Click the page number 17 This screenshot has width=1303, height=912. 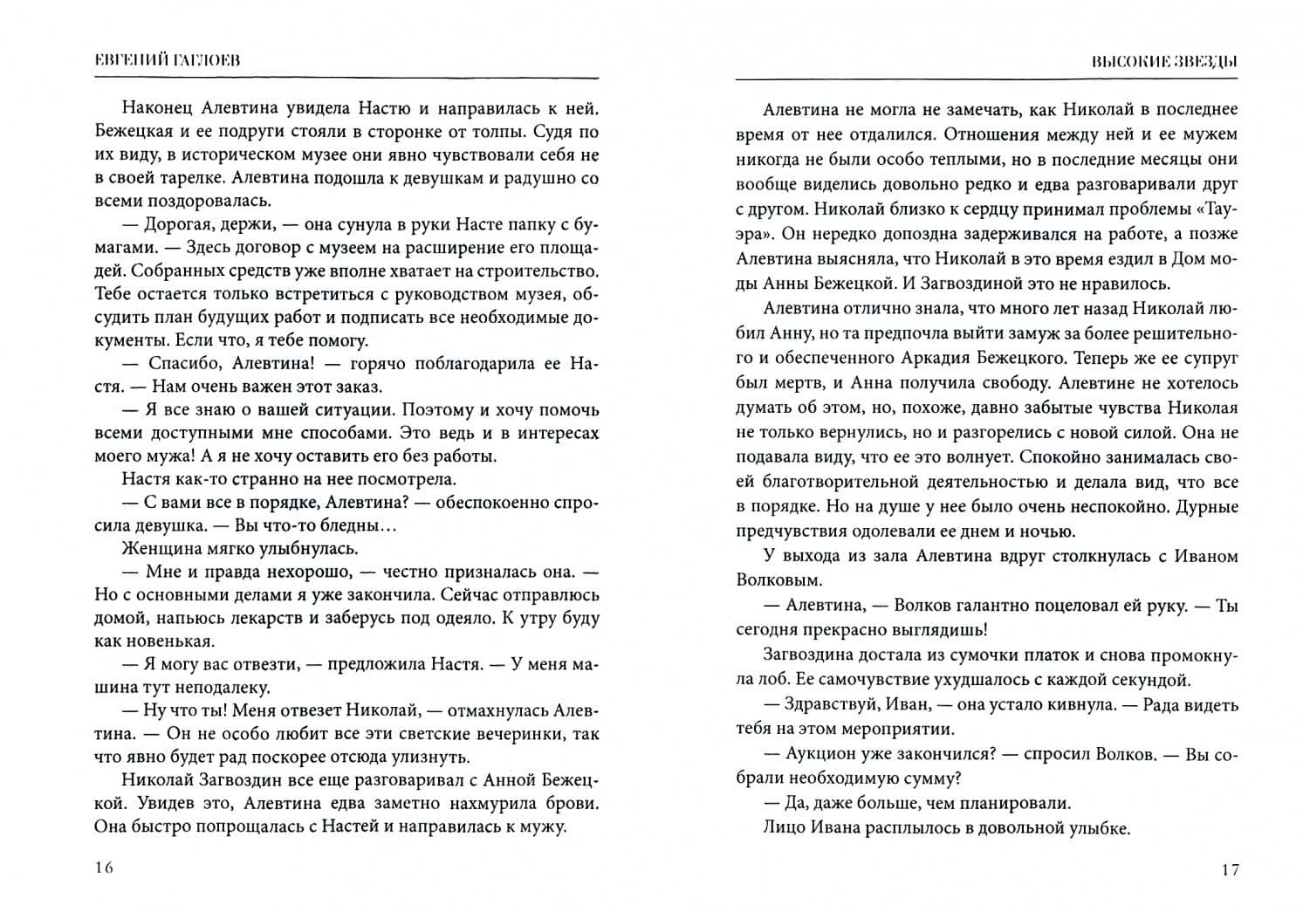tap(1230, 869)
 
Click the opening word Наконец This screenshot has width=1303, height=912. tap(160, 108)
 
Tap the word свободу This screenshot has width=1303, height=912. tap(1012, 382)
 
